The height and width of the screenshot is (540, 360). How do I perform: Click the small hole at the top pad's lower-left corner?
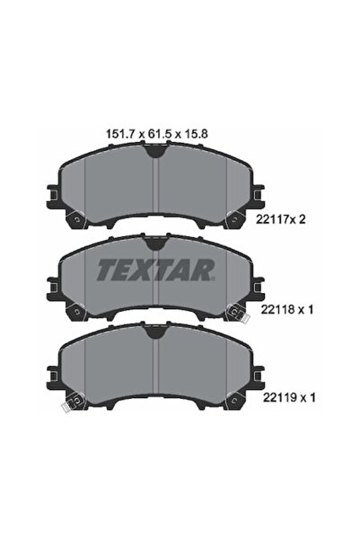coord(75,217)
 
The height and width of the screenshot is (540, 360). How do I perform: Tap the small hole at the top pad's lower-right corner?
coord(233,217)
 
